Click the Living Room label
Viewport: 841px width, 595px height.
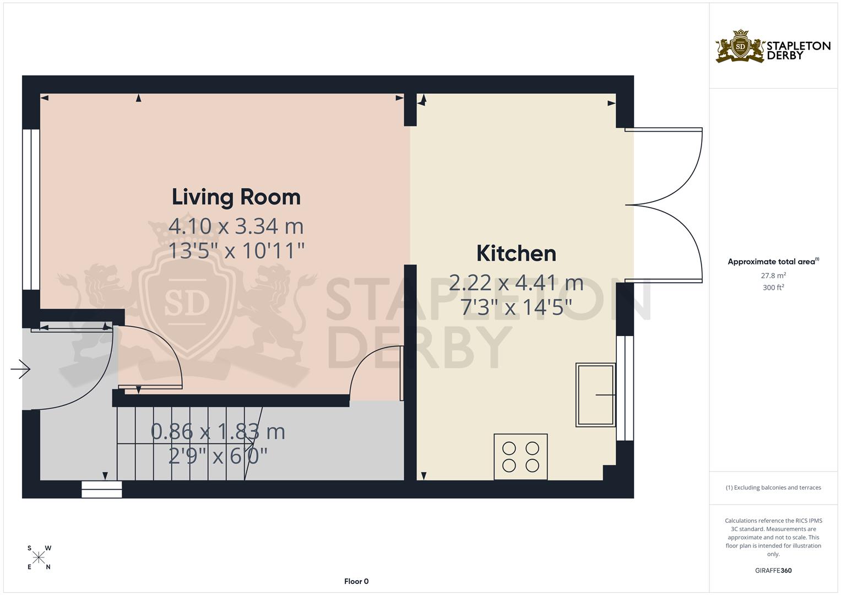[x=236, y=197]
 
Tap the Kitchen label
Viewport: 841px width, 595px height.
[x=516, y=253]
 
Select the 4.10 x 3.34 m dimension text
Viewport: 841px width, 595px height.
[x=236, y=226]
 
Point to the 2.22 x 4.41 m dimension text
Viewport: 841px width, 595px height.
[x=516, y=283]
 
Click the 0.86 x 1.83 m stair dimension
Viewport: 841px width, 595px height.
[x=218, y=432]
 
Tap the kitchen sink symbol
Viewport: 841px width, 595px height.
[x=595, y=394]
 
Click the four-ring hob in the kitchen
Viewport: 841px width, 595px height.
[x=520, y=457]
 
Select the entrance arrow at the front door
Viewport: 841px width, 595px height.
[x=20, y=369]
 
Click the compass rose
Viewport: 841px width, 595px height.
[x=39, y=558]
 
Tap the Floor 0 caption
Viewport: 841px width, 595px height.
[x=356, y=581]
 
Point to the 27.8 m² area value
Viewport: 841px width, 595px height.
[x=773, y=275]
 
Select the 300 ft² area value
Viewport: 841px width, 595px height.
[x=773, y=288]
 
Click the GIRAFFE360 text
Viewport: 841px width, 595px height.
[x=773, y=571]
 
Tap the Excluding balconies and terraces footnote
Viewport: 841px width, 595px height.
[x=773, y=488]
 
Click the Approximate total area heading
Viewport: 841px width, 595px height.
[x=773, y=262]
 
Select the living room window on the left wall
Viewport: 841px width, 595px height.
[x=31, y=209]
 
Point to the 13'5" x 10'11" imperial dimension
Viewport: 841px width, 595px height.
[x=236, y=251]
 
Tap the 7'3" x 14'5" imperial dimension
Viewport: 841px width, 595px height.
[x=516, y=307]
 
